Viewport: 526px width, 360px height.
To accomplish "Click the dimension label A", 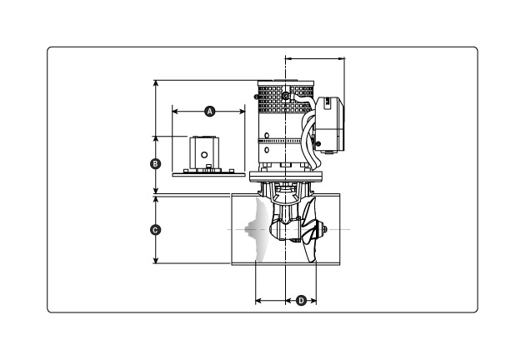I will point(210,110).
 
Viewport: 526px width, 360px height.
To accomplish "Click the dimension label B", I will point(155,164).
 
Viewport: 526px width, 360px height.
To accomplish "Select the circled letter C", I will point(155,229).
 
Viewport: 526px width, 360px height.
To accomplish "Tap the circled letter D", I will point(302,299).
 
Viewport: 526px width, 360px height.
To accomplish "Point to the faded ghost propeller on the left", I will point(259,230).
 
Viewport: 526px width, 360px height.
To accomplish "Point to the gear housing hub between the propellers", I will point(288,227).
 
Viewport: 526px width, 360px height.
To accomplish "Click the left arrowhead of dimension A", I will point(174,110).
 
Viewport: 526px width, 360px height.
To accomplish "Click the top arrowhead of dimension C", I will point(156,198).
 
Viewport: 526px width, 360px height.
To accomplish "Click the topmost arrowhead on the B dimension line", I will point(156,82).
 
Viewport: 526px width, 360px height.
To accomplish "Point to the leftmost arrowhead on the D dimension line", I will point(257,299).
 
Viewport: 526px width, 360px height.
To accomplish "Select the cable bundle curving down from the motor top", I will point(312,133).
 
